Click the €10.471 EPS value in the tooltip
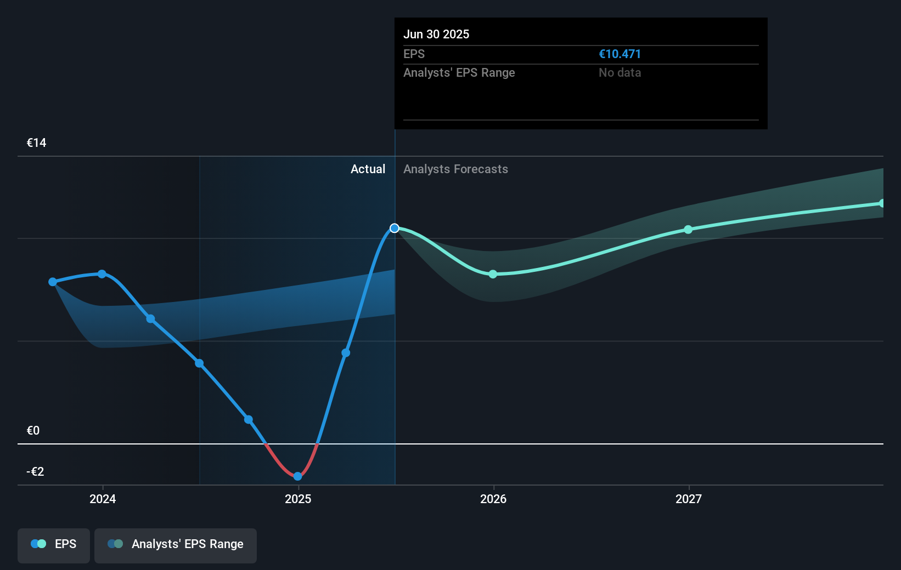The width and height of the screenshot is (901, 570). pos(620,54)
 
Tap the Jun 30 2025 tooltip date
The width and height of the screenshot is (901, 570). pos(436,35)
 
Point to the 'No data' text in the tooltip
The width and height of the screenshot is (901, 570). pos(620,73)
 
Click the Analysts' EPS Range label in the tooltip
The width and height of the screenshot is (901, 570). pos(459,73)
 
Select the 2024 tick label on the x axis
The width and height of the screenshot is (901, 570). pos(103,499)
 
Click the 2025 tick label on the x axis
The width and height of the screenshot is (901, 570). pos(298,499)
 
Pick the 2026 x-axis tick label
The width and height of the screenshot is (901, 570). pos(493,499)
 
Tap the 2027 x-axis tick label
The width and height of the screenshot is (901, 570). pos(689,499)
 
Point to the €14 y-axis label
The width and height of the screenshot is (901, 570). pos(37,143)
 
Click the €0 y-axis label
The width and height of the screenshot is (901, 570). pos(33,431)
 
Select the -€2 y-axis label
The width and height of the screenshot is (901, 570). pos(35,472)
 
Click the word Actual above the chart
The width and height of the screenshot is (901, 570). pos(368,169)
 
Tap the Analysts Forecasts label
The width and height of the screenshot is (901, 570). pos(455,169)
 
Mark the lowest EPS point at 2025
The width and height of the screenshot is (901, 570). pos(297,476)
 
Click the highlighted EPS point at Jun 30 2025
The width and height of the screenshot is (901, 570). pos(395,228)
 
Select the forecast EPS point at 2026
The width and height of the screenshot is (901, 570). pos(493,274)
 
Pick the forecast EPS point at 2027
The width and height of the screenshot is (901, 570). pos(688,230)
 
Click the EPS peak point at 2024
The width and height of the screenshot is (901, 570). pos(102,274)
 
